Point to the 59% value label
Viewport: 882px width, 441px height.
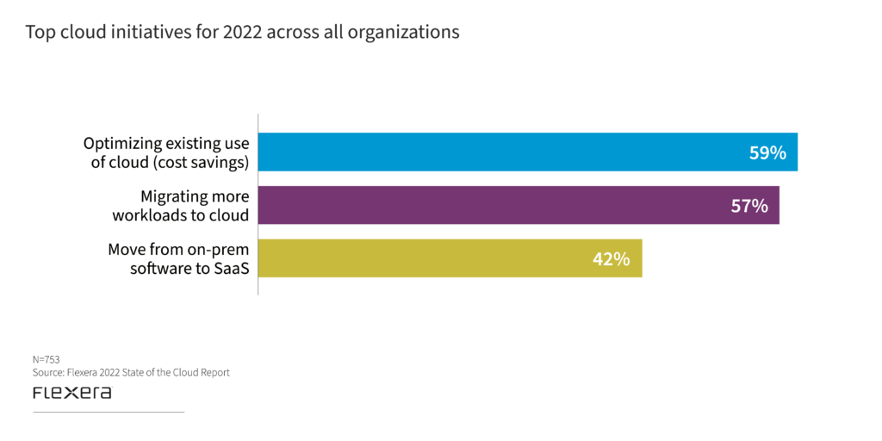(x=767, y=153)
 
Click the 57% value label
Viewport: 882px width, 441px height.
(x=748, y=206)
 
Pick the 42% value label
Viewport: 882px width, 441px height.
(x=612, y=258)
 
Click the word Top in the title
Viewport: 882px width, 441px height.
(x=38, y=33)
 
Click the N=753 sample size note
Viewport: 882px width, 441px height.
(x=46, y=358)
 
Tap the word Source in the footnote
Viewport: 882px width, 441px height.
(x=49, y=372)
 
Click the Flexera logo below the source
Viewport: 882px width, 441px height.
(x=71, y=393)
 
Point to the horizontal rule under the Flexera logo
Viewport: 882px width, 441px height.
(x=109, y=413)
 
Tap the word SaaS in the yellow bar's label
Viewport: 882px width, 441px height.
(x=238, y=268)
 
